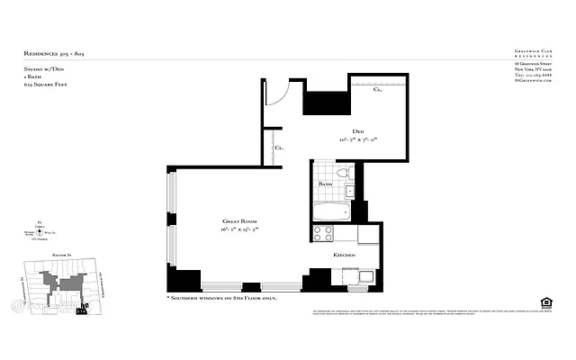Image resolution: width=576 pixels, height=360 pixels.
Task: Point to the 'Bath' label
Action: coord(325,185)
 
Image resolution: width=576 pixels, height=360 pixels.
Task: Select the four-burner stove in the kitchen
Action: coord(323,234)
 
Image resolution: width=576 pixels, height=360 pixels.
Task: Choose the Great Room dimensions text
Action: coord(240,230)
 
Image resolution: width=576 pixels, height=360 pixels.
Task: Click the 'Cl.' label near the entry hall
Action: coord(280,147)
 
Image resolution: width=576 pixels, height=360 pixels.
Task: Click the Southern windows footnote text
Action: coord(221,297)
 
